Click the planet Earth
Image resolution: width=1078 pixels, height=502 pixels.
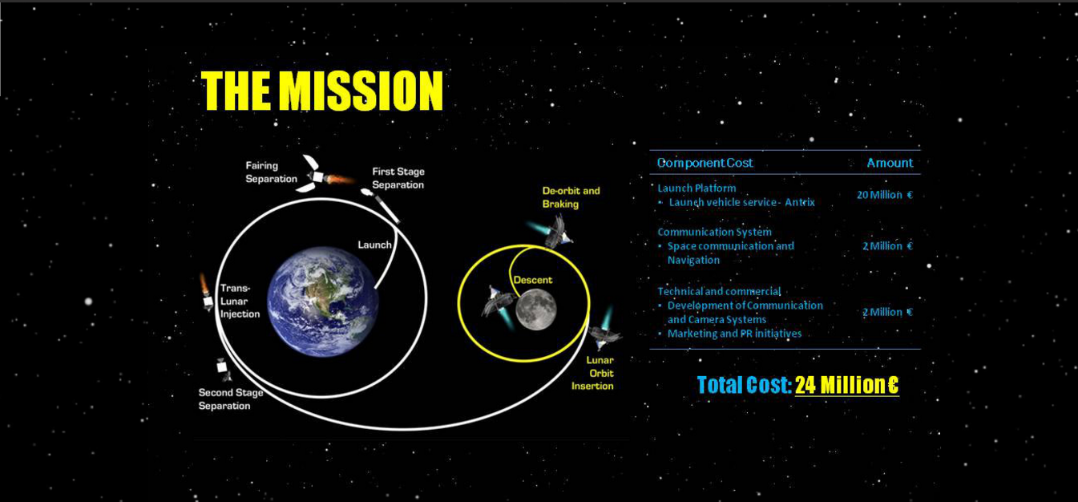click(323, 302)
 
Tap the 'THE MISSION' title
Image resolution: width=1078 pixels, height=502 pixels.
click(321, 91)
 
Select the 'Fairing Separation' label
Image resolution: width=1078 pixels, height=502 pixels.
click(271, 172)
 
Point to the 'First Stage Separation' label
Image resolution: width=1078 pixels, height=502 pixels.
click(398, 178)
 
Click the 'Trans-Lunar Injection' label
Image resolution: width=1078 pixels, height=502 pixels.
click(240, 301)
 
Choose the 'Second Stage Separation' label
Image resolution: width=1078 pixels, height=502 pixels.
click(231, 399)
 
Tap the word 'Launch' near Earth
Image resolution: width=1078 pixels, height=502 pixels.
click(374, 245)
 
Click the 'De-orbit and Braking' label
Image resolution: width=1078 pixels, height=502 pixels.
click(571, 196)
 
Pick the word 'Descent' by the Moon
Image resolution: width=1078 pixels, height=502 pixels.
click(533, 280)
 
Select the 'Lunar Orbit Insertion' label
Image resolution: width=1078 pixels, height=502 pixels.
click(593, 373)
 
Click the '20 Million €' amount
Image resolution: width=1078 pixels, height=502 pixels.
click(885, 195)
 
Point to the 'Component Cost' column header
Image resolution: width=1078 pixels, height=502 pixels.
click(705, 163)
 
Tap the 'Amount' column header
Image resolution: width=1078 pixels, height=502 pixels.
click(890, 163)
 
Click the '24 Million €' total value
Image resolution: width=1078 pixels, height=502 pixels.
click(846, 385)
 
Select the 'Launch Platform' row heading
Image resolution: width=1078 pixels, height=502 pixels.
click(696, 188)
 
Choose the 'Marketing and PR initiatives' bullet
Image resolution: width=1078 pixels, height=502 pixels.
click(734, 334)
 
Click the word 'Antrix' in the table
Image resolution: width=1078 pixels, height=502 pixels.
click(800, 202)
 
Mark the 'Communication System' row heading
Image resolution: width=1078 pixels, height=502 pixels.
click(714, 232)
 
